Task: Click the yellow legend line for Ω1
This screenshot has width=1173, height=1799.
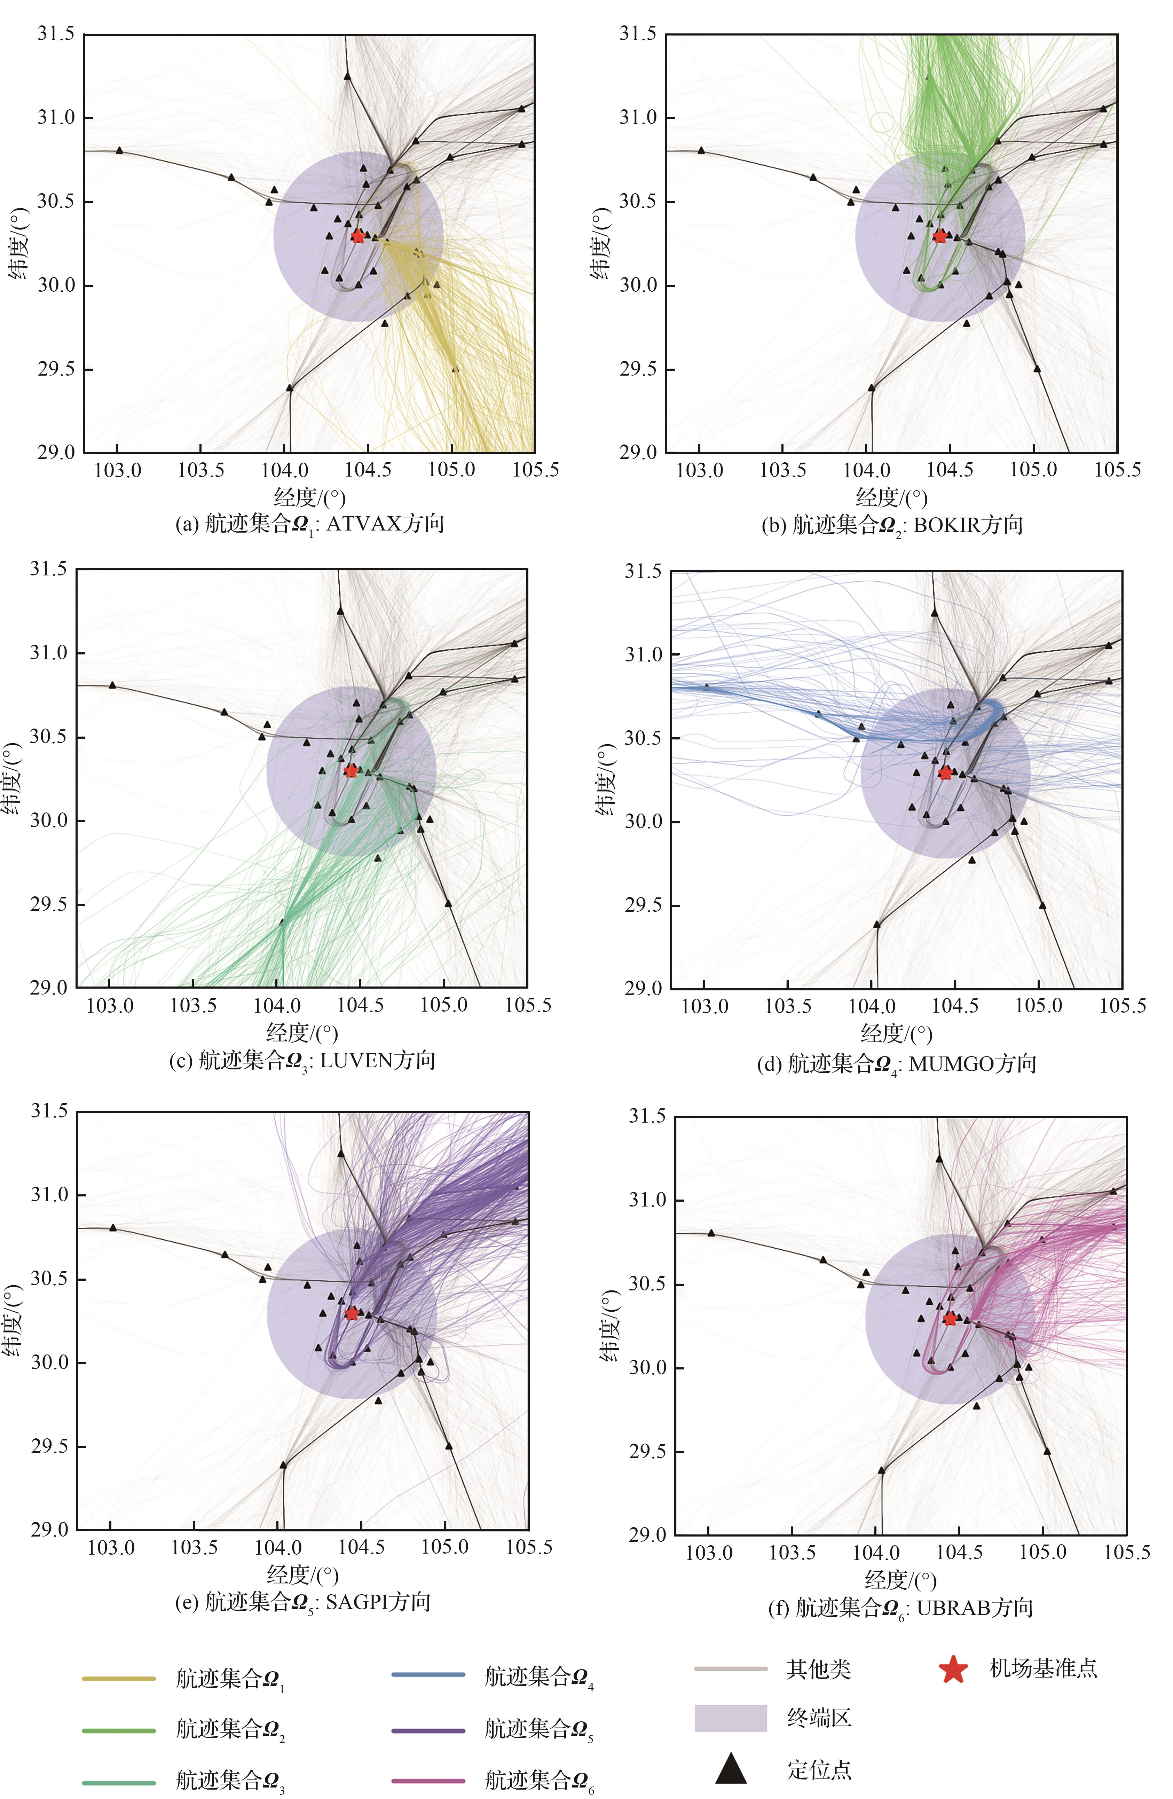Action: click(119, 1679)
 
